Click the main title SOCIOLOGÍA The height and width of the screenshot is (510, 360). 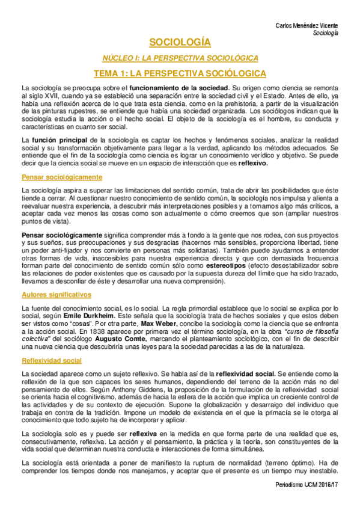point(180,43)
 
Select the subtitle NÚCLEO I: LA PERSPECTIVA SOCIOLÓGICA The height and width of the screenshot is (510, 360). point(180,58)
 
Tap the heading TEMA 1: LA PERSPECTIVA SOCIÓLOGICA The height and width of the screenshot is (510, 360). point(180,73)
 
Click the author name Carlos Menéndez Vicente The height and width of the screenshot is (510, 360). point(307,25)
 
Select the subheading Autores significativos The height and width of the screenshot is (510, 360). point(56,295)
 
